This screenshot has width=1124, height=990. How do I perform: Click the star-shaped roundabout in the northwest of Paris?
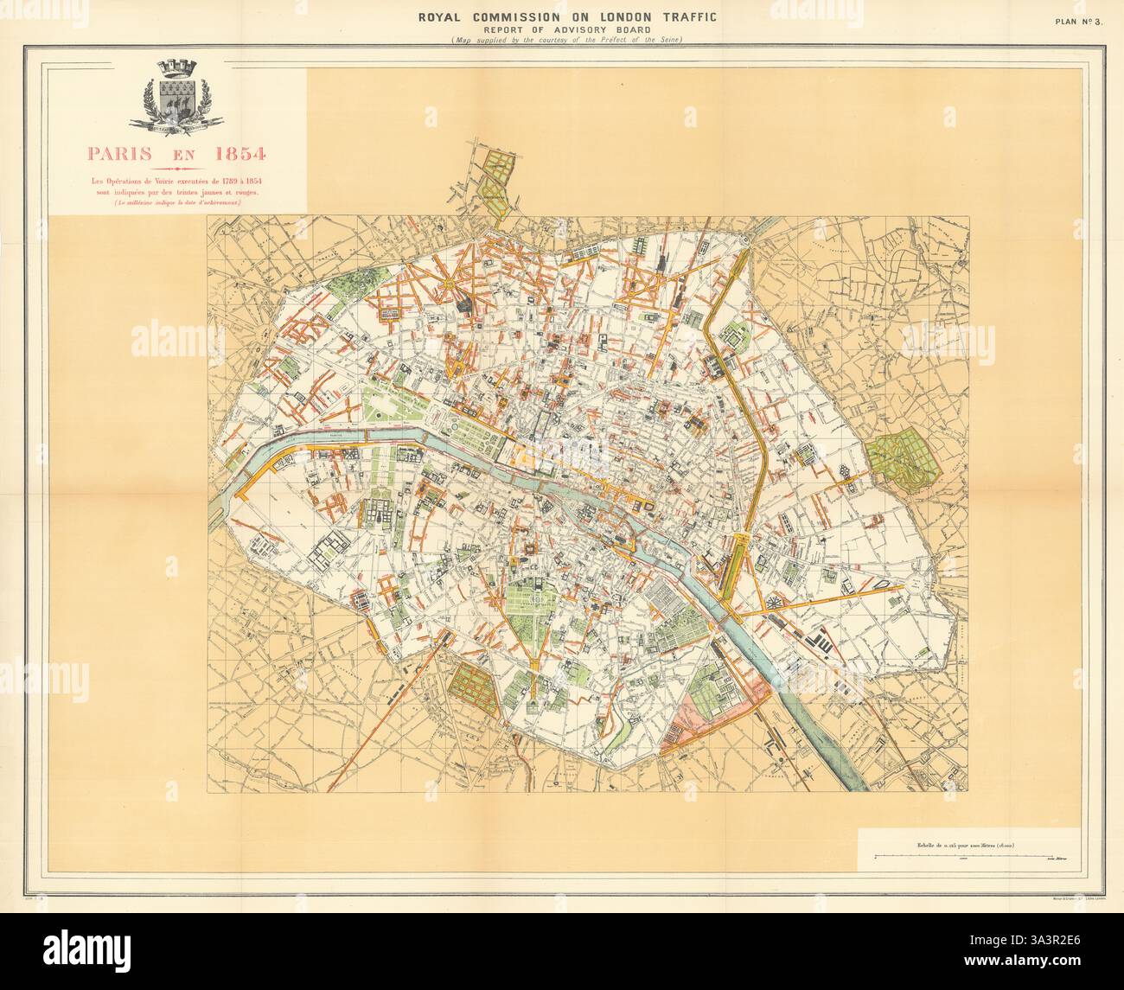pyautogui.click(x=450, y=283)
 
